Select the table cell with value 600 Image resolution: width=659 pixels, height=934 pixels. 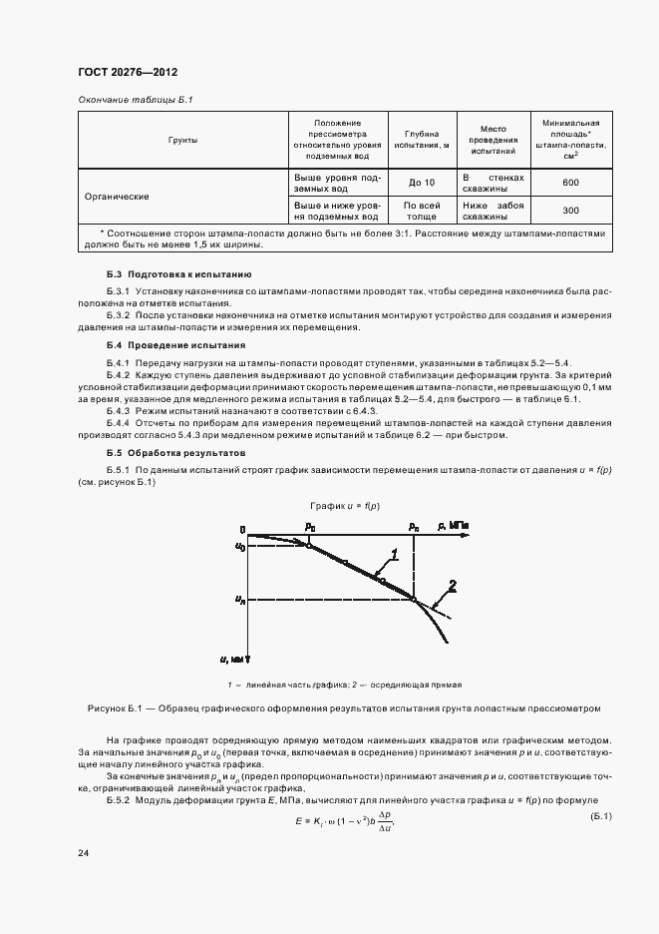(570, 183)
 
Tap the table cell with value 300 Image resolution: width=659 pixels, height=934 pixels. (570, 211)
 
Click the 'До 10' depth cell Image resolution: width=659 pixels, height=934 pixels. (422, 183)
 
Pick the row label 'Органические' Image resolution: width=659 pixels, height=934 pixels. (118, 197)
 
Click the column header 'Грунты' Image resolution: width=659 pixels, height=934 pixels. (182, 141)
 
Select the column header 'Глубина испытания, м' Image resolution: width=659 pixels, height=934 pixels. (422, 140)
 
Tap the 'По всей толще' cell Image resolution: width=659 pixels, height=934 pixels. (422, 211)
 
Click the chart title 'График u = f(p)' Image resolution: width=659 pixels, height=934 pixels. (344, 507)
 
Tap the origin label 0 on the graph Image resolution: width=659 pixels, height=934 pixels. (242, 528)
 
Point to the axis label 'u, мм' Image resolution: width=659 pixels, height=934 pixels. (237, 660)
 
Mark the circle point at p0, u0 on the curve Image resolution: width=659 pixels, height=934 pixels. (309, 546)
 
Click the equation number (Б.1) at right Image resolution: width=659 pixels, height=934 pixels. (599, 818)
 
